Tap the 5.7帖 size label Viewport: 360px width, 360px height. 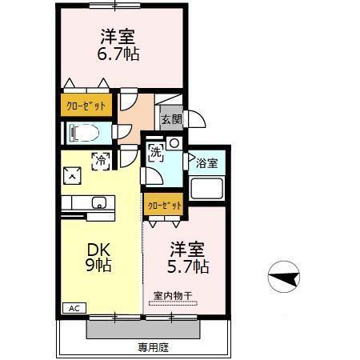coord(190,264)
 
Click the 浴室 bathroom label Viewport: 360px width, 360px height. coord(207,163)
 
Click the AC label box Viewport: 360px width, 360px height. coord(73,308)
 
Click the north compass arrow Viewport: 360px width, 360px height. coord(285,279)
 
